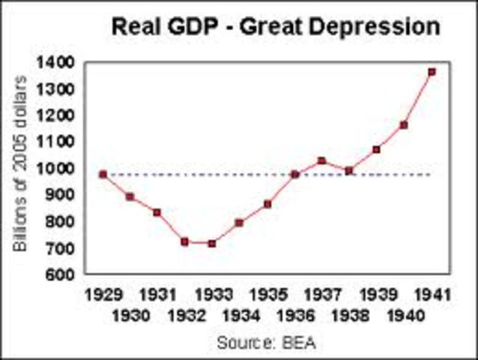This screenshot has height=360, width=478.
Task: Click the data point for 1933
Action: tap(212, 243)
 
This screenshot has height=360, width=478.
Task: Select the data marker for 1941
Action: tap(432, 72)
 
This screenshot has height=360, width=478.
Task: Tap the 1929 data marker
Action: tap(103, 175)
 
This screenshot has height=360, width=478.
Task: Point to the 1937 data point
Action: tap(321, 160)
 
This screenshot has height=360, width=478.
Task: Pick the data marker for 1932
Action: tap(184, 241)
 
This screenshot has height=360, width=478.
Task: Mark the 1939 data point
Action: tap(376, 149)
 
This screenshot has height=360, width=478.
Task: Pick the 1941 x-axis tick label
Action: tap(432, 292)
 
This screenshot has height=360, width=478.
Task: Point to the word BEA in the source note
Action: tap(300, 343)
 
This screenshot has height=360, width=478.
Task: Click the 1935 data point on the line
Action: tap(267, 203)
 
